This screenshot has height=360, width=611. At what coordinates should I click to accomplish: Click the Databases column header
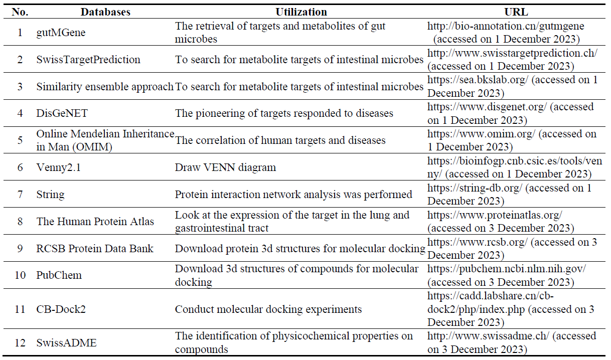pos(105,12)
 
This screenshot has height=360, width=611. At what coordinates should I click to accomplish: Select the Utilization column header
pos(301,12)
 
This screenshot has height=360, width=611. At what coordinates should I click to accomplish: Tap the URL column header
pos(516,12)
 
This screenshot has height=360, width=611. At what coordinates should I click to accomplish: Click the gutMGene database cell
pos(61,33)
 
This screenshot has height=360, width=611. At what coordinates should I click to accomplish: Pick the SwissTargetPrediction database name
pos(88,60)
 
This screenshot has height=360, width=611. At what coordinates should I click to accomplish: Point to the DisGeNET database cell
pos(62,113)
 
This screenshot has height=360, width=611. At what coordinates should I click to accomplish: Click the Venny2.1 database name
pos(59,167)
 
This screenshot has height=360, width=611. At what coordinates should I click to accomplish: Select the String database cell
pos(51,195)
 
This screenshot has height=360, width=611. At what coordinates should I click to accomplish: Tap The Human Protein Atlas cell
pos(95,222)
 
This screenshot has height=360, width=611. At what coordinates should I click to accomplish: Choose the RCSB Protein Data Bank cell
pos(95,249)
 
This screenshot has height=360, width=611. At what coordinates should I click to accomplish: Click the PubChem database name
pos(59,275)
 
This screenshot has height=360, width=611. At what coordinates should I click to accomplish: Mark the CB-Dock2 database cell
pos(61,309)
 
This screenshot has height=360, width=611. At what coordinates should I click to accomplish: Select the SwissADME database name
pos(67,343)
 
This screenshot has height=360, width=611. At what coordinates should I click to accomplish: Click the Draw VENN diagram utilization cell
pos(225,167)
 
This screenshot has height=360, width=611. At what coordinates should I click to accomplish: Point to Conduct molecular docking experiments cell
pos(268,309)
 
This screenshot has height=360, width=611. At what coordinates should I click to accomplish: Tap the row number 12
pos(20,343)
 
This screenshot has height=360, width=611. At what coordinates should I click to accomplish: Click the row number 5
pos(20,140)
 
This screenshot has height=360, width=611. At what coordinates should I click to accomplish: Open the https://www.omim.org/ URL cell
pos(512,140)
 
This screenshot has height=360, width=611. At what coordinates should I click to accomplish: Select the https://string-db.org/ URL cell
pos(509,195)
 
